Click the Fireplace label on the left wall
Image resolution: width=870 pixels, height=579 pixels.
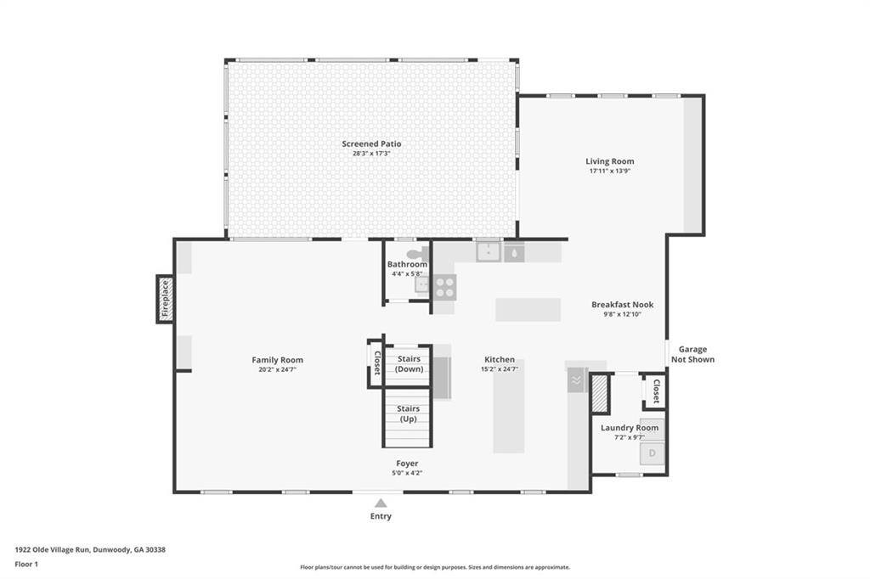[x=165, y=299]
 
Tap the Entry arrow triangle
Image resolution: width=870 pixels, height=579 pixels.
[x=381, y=503]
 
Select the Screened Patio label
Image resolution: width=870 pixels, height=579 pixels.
[x=371, y=143]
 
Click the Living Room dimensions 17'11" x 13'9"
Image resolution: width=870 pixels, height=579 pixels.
[x=610, y=171]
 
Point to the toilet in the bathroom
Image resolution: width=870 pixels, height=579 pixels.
[x=418, y=254]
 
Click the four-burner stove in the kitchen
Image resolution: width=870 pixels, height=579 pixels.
[x=445, y=287]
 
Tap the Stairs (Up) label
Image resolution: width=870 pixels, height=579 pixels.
[x=408, y=413]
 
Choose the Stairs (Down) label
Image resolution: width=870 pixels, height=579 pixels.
[x=409, y=364]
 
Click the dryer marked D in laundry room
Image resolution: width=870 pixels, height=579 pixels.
[x=652, y=453]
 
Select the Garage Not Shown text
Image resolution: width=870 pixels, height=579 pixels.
[x=692, y=354]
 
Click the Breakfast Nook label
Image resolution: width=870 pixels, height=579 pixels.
[x=622, y=305]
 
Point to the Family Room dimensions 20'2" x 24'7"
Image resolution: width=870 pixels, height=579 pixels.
[x=278, y=369]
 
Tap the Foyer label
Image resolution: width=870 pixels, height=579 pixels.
[x=407, y=463]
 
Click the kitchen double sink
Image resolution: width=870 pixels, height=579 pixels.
[x=489, y=252]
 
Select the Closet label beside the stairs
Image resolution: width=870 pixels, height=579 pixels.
[x=376, y=363]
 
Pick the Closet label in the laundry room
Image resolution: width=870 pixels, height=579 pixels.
[x=657, y=391]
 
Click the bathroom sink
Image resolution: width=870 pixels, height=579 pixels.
[x=421, y=285]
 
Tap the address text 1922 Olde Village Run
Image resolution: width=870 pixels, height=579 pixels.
[x=52, y=549]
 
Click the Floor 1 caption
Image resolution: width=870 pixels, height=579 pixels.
[x=26, y=564]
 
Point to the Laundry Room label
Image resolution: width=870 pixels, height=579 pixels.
[x=630, y=428]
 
